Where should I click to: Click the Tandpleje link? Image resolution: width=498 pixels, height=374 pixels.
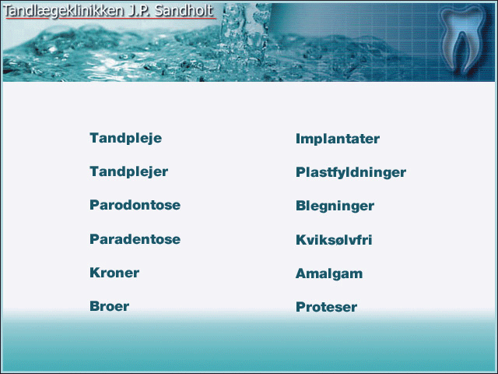126,139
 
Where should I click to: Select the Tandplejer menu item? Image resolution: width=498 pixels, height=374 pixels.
129,171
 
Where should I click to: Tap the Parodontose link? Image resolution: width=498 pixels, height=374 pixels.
135,205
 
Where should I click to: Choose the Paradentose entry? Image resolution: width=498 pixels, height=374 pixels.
135,239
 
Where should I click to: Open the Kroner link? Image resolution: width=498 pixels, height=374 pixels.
114,273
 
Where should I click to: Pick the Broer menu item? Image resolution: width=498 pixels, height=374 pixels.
109,306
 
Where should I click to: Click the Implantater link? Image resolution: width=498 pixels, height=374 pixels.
338,139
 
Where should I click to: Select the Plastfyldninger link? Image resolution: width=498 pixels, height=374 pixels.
351,173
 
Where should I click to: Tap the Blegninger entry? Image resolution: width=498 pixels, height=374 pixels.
335,206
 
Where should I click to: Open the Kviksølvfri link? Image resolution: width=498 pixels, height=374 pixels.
334,240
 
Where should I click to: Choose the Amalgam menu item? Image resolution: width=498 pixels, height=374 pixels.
329,273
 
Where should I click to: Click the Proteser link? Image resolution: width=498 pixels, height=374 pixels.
327,307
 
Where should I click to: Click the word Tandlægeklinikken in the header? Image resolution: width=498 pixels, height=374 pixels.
63,11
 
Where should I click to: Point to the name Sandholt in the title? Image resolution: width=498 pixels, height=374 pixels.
184,10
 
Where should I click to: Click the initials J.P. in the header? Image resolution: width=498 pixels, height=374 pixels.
139,11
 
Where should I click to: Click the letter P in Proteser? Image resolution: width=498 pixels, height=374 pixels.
301,307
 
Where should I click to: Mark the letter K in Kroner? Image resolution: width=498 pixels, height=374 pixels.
96,273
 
